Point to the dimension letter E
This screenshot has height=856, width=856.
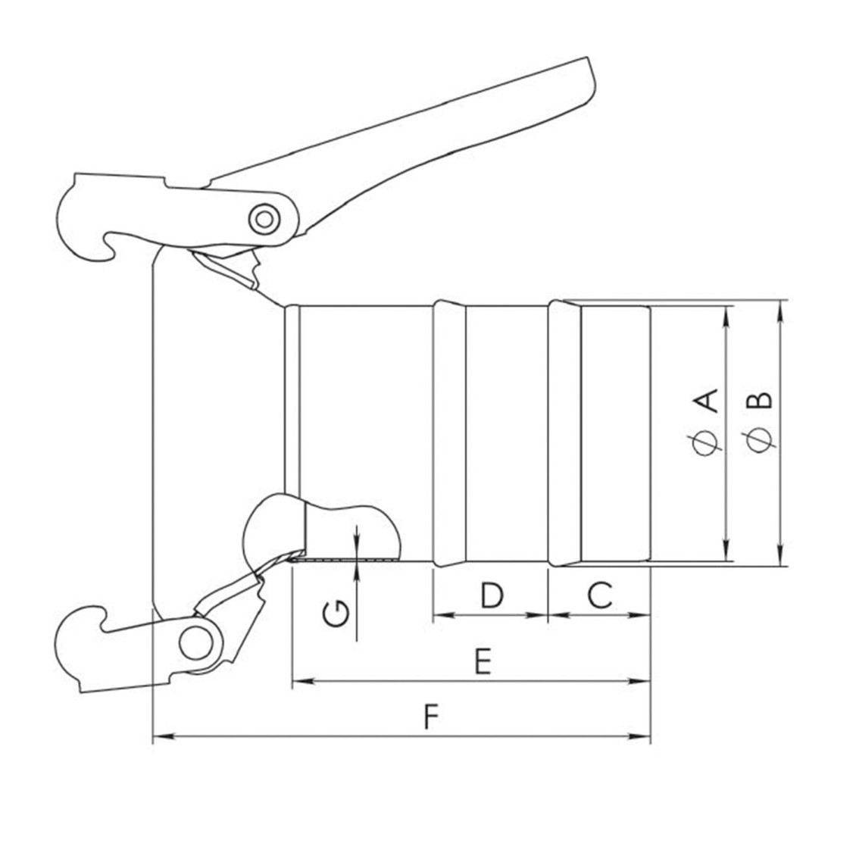pos(483,661)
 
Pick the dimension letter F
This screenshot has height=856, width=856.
pos(431,717)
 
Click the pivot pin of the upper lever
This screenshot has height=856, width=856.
pos(264,220)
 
